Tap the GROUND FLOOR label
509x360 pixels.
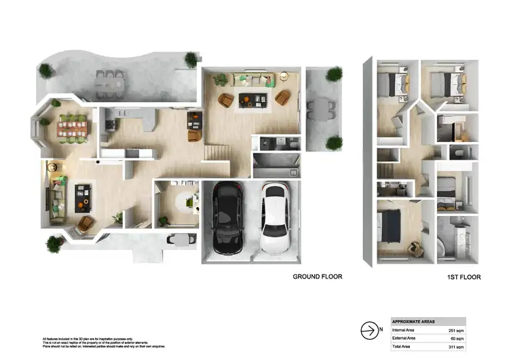pyautogui.click(x=317, y=276)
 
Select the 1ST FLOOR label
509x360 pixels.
pyautogui.click(x=464, y=278)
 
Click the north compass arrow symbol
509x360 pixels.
pyautogui.click(x=368, y=330)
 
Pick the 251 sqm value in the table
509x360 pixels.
pyautogui.click(x=455, y=329)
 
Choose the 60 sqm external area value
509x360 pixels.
pyautogui.click(x=457, y=338)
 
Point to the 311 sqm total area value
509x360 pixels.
pyautogui.click(x=455, y=346)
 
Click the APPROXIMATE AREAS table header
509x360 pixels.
pyautogui.click(x=415, y=321)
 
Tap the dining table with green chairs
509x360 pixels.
pyautogui.click(x=73, y=128)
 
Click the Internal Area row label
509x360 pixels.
pyautogui.click(x=404, y=329)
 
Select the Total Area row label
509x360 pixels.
pyautogui.click(x=402, y=346)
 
